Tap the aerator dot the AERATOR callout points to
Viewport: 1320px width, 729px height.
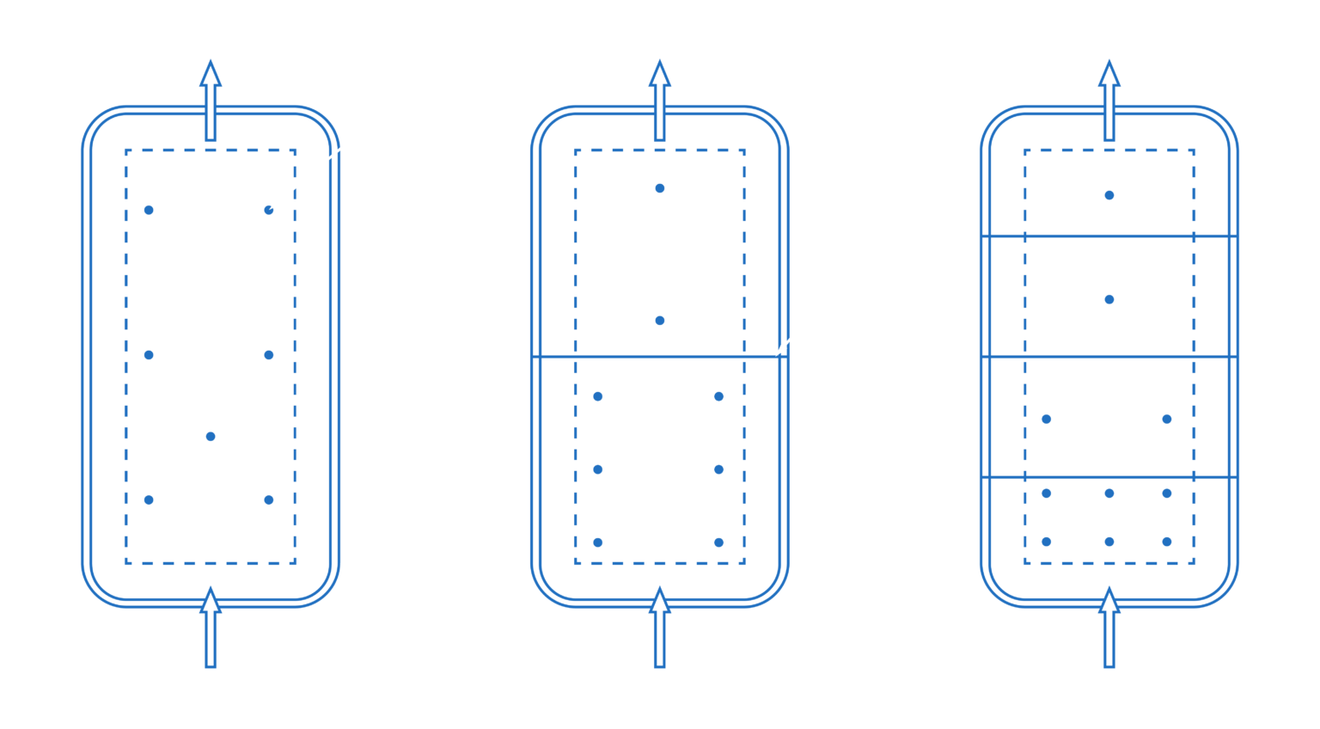269,210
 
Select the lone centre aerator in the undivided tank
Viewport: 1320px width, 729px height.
211,437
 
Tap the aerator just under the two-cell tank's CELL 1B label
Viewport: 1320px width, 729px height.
659,321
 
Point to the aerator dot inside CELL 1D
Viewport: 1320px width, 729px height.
1109,195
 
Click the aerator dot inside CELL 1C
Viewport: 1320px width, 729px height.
1109,299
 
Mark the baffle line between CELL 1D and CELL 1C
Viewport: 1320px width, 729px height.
1109,236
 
